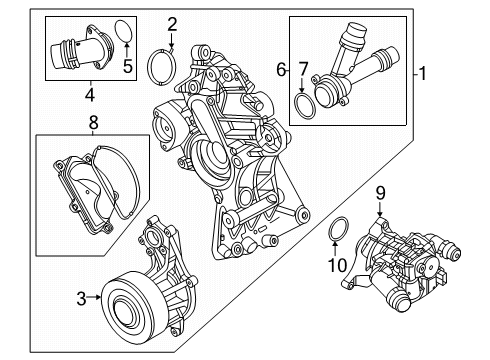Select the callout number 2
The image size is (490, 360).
point(172,24)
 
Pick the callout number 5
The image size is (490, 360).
point(126,68)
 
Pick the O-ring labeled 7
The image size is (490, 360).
point(305,103)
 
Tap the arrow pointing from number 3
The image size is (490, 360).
point(96,295)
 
